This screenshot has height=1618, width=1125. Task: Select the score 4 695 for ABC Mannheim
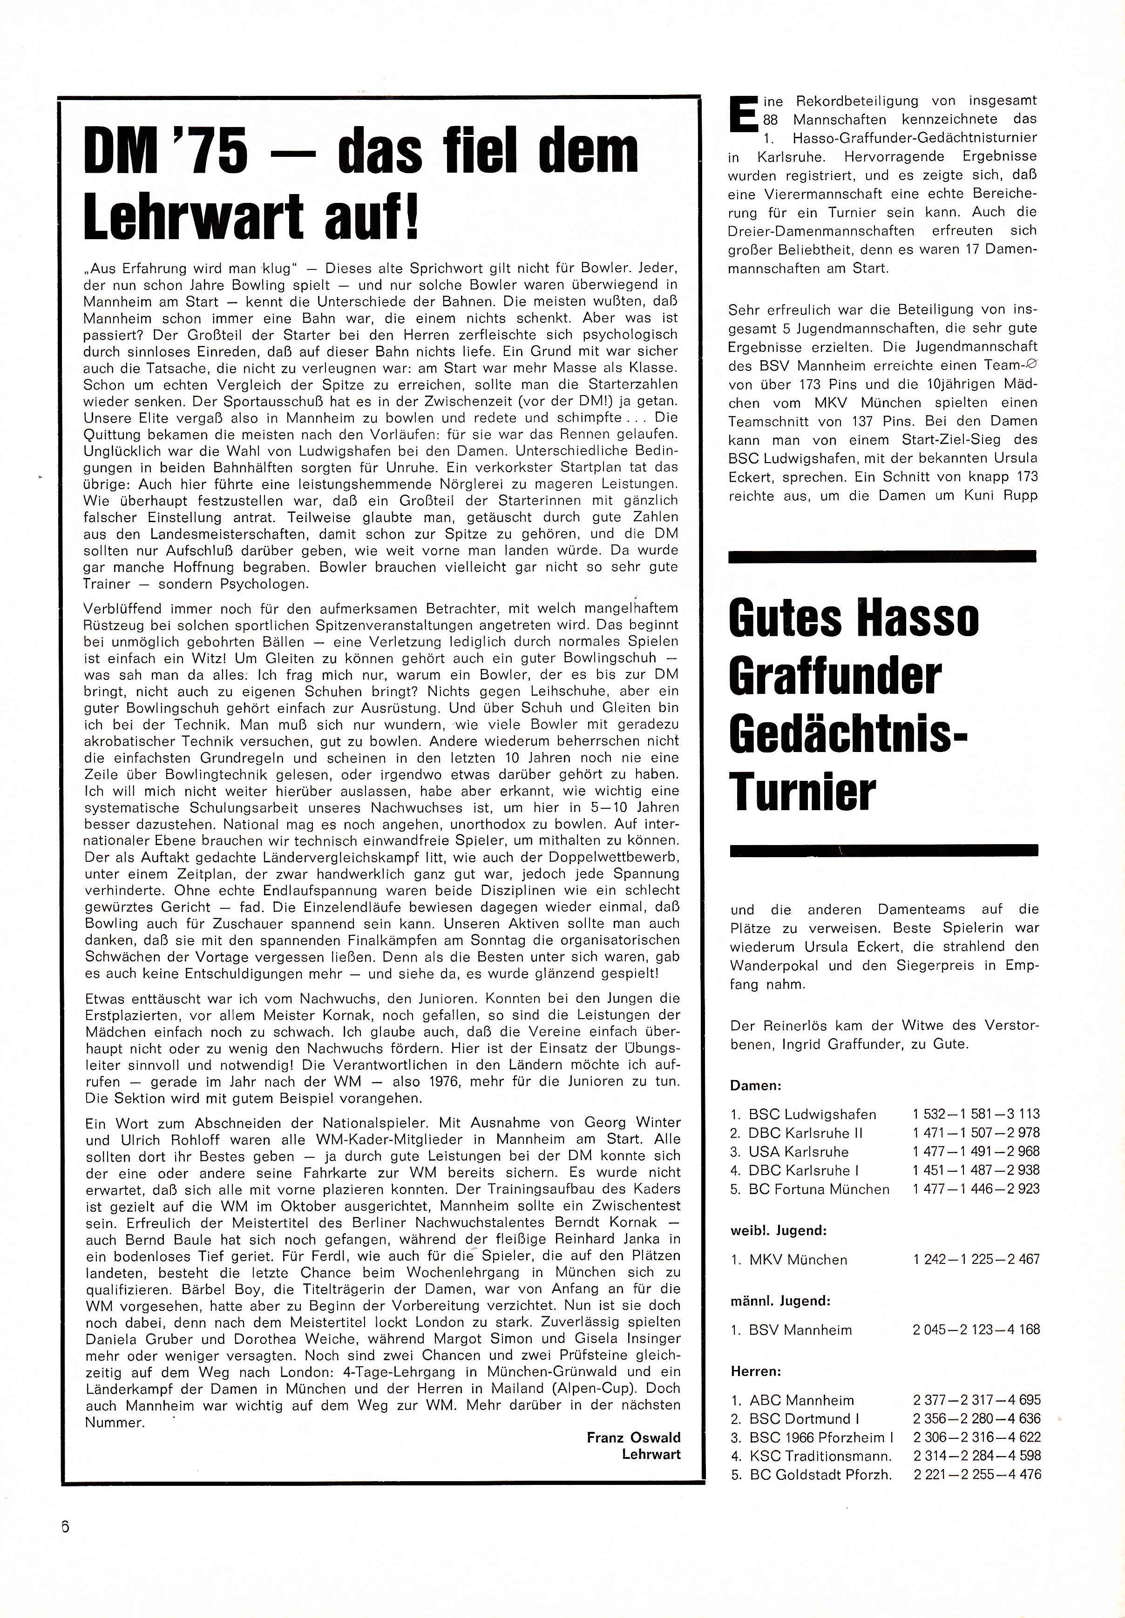pyautogui.click(x=1023, y=1400)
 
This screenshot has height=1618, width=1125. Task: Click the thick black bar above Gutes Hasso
pyautogui.click(x=882, y=557)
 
